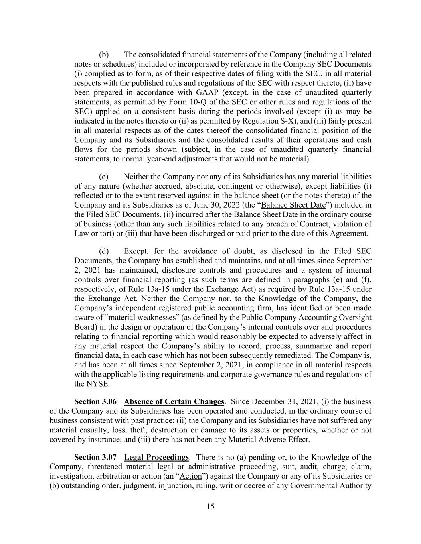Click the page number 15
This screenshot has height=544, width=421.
click(210, 507)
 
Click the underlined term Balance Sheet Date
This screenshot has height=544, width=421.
click(293, 205)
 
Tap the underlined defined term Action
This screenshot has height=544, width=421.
click(191, 476)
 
